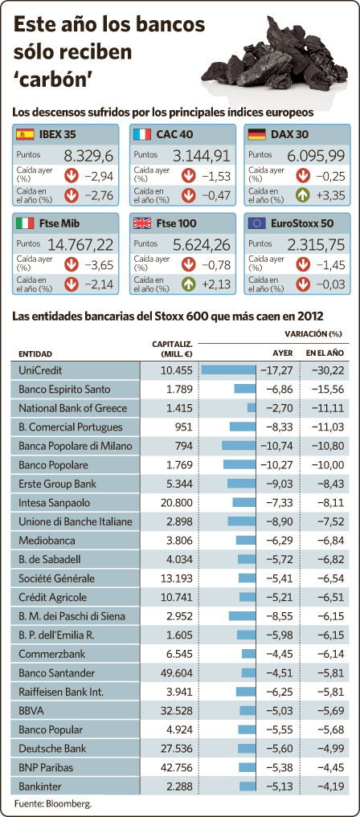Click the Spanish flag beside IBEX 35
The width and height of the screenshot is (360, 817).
click(x=25, y=134)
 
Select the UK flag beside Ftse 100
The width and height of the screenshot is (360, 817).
click(x=142, y=223)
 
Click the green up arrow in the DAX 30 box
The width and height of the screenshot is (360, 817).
click(x=303, y=196)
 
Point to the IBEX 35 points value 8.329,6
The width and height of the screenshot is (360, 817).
click(x=88, y=156)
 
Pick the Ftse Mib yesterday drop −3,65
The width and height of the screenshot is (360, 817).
click(x=99, y=265)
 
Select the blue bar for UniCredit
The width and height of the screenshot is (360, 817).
click(x=228, y=370)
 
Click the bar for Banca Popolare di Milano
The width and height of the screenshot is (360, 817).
click(x=239, y=446)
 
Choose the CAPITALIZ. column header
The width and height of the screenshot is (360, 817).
click(x=173, y=349)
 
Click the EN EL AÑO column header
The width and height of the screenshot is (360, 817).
click(x=325, y=353)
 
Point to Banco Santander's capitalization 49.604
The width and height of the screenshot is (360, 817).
click(x=175, y=672)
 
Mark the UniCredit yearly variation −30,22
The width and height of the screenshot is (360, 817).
click(x=328, y=370)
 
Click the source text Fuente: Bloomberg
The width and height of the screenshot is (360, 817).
click(x=49, y=803)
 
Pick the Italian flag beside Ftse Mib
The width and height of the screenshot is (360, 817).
click(x=25, y=223)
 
